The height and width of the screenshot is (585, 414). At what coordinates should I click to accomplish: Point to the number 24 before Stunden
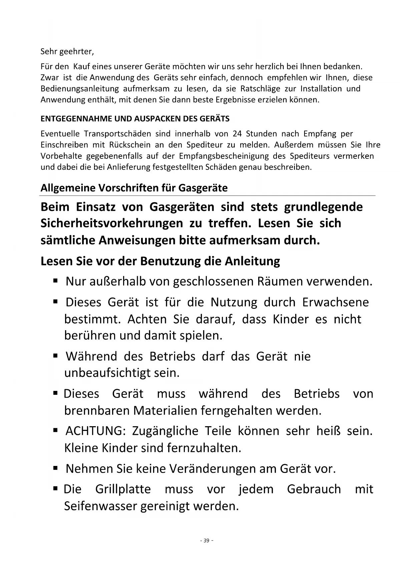[x=237, y=134]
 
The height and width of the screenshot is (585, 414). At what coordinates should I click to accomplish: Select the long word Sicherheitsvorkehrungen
[x=111, y=223]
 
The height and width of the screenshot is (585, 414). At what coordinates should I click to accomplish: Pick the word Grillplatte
[x=123, y=489]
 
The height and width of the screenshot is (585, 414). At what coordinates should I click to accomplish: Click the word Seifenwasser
[x=100, y=506]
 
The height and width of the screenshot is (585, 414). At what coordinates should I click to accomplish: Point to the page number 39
[x=206, y=541]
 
